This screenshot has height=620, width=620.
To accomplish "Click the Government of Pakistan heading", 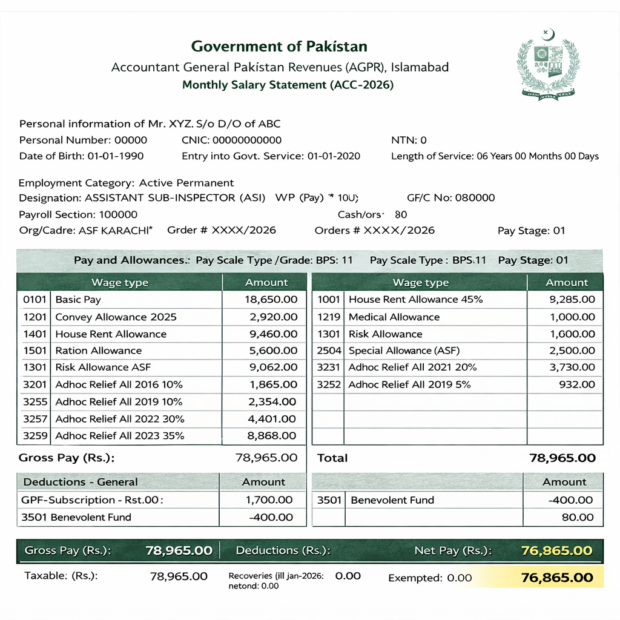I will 279,47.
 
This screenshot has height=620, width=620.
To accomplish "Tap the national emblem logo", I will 549,65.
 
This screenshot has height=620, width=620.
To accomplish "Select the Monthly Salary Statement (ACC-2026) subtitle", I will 288,85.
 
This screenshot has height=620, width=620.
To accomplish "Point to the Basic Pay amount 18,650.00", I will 271,300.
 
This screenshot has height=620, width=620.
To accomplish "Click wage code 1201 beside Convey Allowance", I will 35,317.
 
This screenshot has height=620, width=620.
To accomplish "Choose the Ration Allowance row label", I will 98,351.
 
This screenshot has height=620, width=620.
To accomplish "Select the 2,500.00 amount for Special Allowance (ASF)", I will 572,351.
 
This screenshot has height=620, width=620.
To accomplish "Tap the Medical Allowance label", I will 394,317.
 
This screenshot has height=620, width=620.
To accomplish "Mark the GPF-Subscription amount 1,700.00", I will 269,500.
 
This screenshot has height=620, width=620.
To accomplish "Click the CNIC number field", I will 232,140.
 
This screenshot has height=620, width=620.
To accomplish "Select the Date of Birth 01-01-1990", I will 116,156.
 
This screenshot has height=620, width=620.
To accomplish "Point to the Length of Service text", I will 495,156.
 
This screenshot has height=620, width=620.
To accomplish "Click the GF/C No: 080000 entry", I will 451,198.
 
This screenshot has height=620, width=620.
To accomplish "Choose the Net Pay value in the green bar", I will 556,551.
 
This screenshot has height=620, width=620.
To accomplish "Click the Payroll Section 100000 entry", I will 78,214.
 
